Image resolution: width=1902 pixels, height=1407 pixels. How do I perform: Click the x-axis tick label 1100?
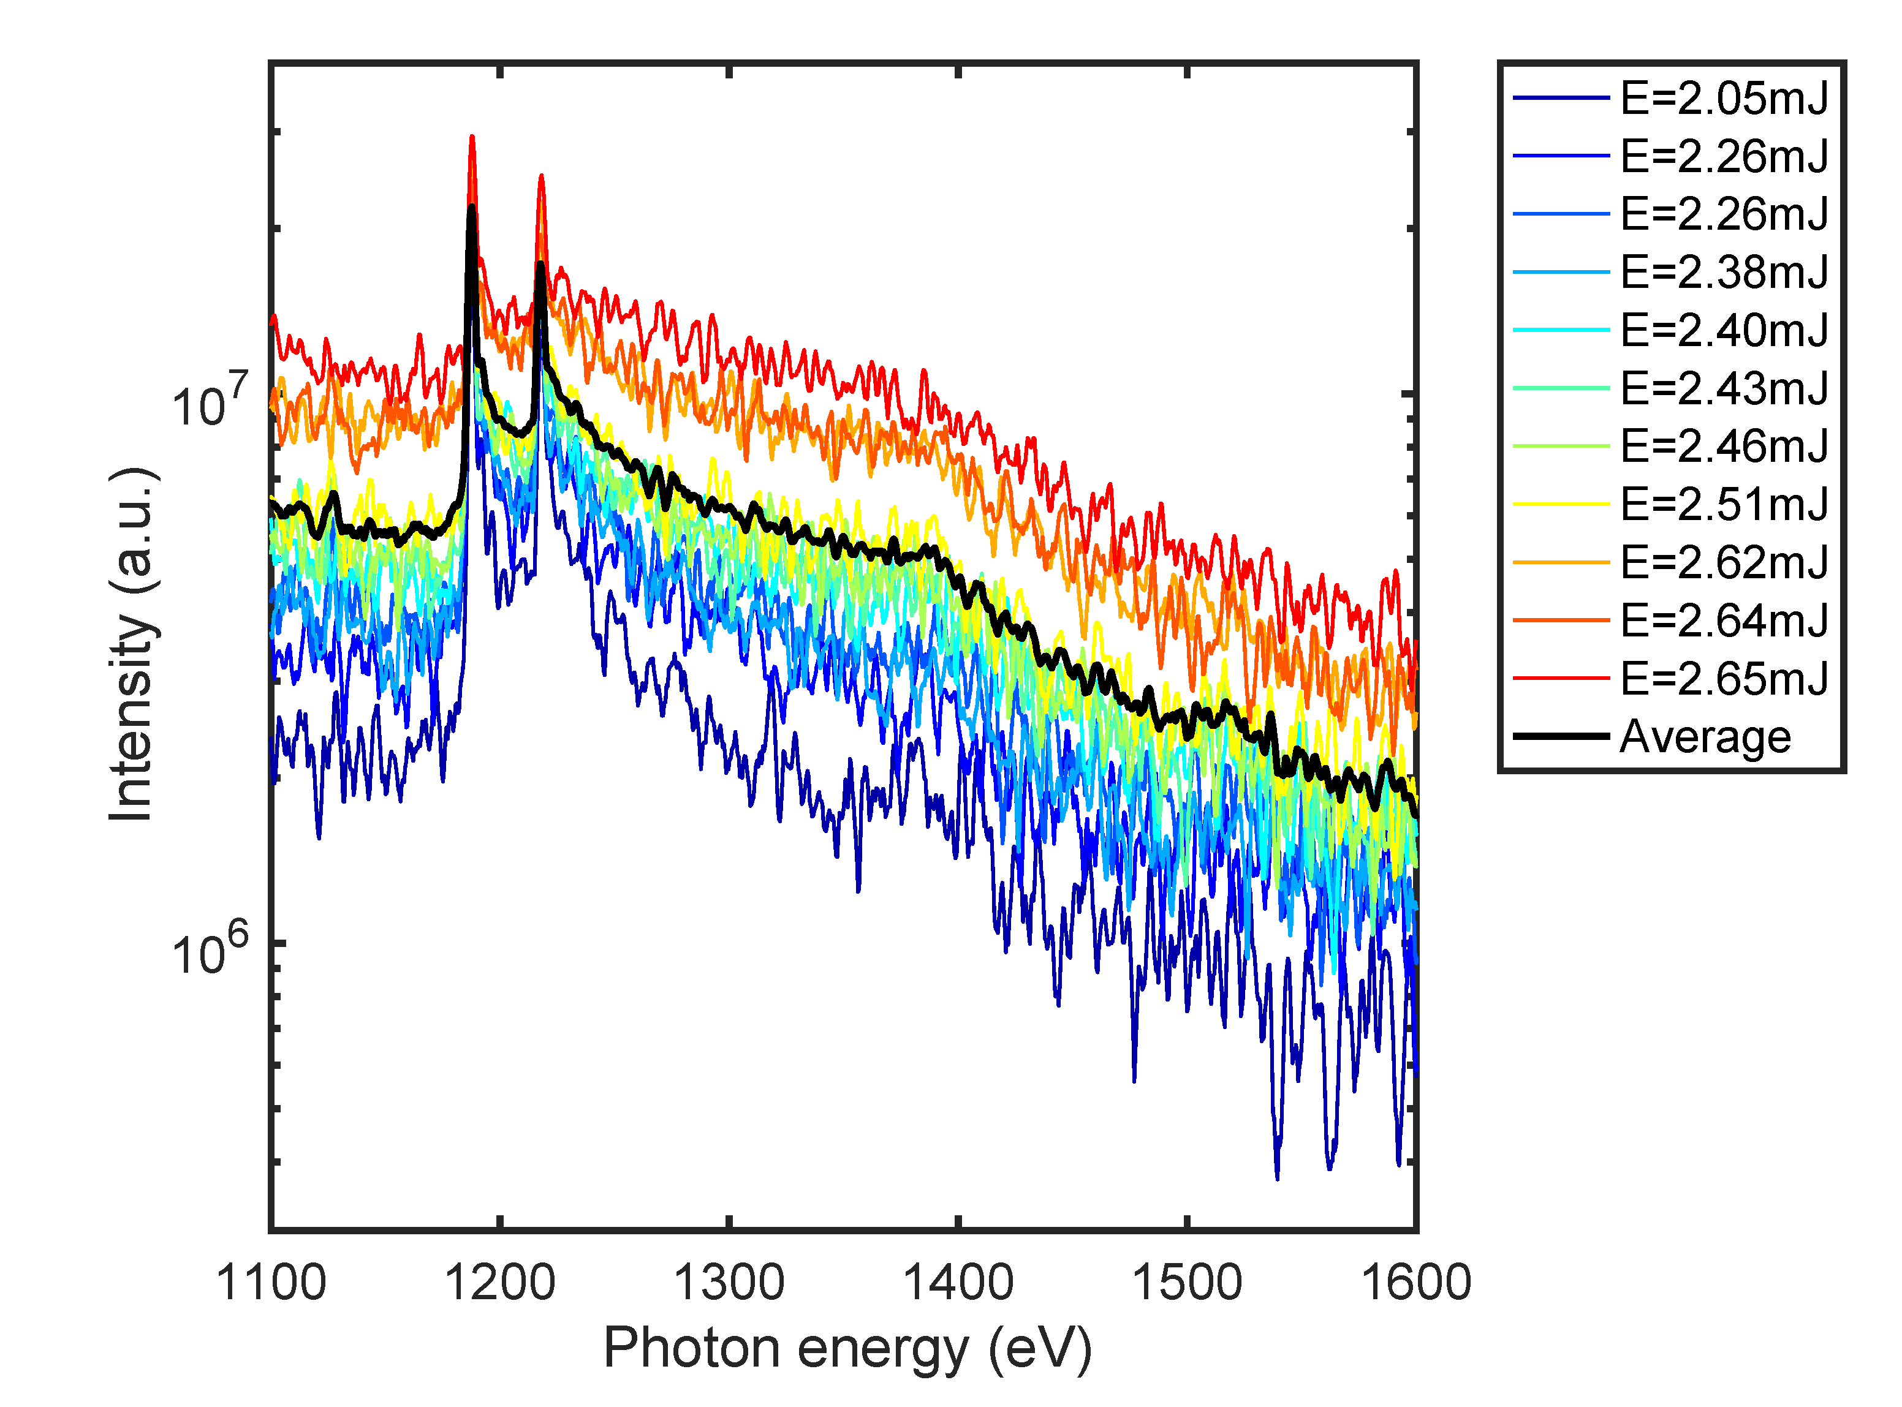[x=271, y=1283]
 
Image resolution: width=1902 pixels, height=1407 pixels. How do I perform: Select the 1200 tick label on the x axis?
[x=500, y=1283]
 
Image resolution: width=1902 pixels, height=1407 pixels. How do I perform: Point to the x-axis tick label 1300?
[x=729, y=1283]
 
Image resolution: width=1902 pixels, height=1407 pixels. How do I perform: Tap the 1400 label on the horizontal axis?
[x=958, y=1283]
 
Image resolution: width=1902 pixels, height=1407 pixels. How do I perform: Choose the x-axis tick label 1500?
[x=1188, y=1283]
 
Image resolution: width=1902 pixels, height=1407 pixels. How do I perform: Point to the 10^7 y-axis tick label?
[x=210, y=401]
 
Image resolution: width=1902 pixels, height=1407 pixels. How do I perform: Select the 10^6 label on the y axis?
[x=210, y=949]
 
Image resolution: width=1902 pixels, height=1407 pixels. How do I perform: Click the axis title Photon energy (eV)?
[x=847, y=1349]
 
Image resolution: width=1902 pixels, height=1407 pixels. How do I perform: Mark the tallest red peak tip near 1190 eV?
[x=472, y=136]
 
